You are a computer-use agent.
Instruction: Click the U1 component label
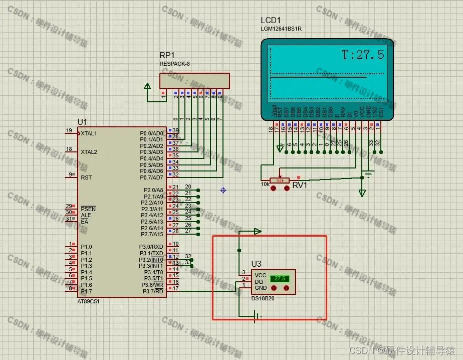pos(82,122)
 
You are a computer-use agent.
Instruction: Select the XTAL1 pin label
pos(89,134)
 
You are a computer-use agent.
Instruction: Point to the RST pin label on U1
pos(86,177)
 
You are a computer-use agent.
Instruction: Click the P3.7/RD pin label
pos(153,291)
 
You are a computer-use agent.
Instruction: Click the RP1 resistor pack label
pos(167,55)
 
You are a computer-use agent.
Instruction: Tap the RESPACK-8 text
pos(175,64)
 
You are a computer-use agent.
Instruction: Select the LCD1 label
pos(271,21)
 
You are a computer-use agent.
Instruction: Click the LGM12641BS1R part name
pos(281,29)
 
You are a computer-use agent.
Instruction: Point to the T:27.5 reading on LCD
pos(363,55)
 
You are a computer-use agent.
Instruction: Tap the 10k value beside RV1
pos(265,184)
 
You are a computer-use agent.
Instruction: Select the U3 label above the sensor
pos(256,264)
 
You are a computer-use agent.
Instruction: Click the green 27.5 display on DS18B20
pos(279,278)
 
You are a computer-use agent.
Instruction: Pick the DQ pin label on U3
pos(259,282)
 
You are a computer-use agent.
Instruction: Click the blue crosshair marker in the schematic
pos(223,190)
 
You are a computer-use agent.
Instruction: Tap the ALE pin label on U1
pos(86,215)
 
